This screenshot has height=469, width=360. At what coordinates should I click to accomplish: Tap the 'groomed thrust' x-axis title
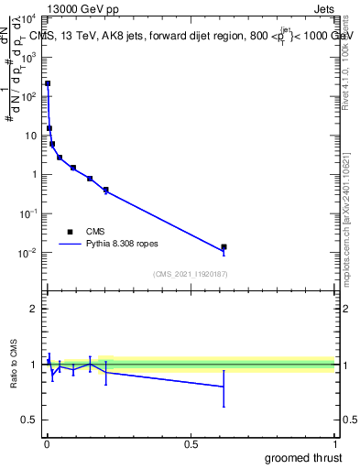304,457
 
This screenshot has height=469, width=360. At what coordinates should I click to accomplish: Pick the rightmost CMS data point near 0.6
224,247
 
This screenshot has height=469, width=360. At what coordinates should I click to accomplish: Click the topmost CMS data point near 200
48,83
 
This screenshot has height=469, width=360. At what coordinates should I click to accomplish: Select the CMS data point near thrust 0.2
106,190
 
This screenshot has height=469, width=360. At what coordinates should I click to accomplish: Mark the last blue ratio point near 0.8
224,387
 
